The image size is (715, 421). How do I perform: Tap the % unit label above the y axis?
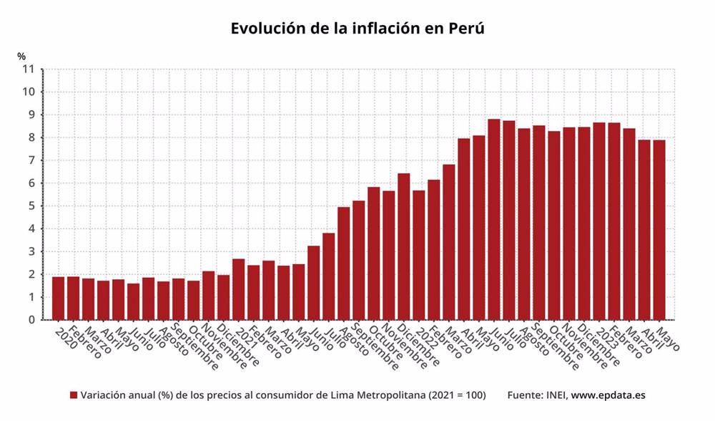click(21, 56)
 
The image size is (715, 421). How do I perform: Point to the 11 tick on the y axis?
click(29, 69)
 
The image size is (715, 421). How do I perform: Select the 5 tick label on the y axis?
click(31, 206)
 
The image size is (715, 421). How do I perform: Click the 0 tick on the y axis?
click(31, 320)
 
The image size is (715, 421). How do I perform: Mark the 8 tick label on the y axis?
click(31, 137)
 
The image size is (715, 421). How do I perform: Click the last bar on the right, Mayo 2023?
click(659, 230)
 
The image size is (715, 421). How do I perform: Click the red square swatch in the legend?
click(74, 395)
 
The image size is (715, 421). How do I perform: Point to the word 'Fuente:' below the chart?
click(523, 395)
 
